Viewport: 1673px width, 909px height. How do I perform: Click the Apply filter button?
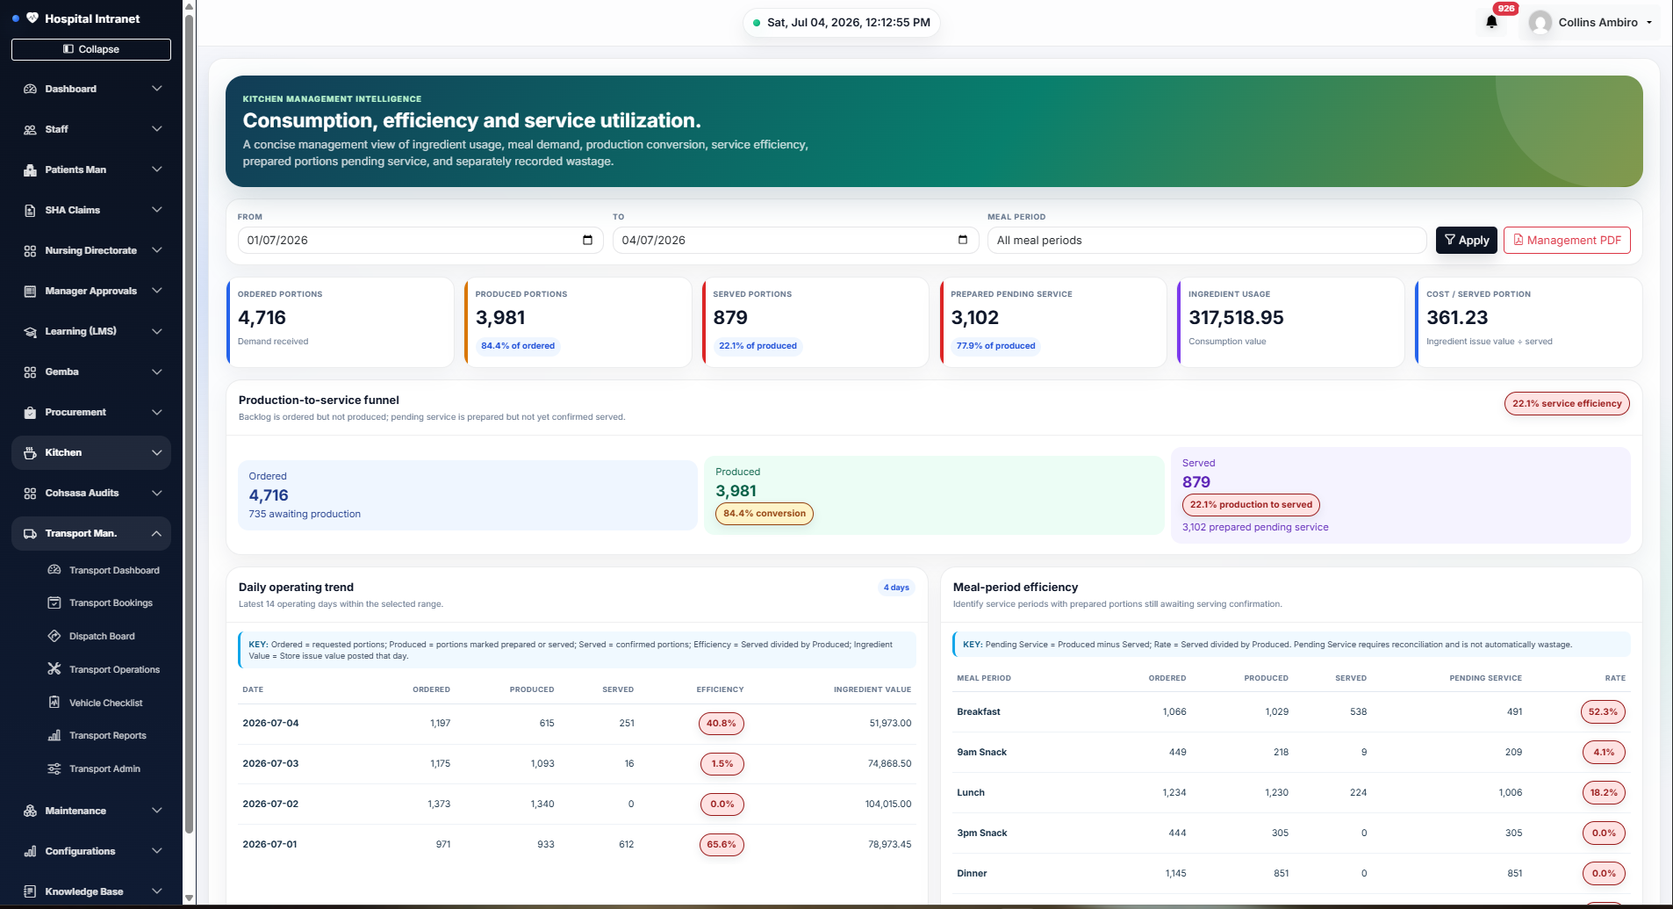pyautogui.click(x=1467, y=240)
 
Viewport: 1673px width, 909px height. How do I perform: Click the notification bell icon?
pyautogui.click(x=1491, y=22)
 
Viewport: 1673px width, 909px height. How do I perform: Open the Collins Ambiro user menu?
pyautogui.click(x=1590, y=22)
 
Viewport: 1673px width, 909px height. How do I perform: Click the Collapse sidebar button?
pyautogui.click(x=91, y=49)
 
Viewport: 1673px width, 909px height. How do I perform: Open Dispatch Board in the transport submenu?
pyautogui.click(x=102, y=636)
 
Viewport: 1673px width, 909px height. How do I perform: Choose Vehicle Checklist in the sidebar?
pyautogui.click(x=105, y=703)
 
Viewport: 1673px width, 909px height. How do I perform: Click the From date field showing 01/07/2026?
pyautogui.click(x=420, y=240)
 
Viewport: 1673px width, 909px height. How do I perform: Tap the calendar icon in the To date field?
pyautogui.click(x=963, y=240)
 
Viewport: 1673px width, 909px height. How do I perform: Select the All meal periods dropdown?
pyautogui.click(x=1207, y=240)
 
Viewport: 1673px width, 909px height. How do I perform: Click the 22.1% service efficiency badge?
pyautogui.click(x=1567, y=403)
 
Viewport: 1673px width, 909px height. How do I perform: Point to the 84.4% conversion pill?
pyautogui.click(x=765, y=514)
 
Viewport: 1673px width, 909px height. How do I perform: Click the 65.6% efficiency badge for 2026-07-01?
pyautogui.click(x=722, y=844)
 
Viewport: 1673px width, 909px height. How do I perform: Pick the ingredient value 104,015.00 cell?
pyautogui.click(x=888, y=804)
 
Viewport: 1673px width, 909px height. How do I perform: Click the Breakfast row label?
pyautogui.click(x=979, y=711)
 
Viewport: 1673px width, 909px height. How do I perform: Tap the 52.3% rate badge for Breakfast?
pyautogui.click(x=1603, y=711)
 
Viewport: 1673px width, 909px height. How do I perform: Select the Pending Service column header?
pyautogui.click(x=1485, y=678)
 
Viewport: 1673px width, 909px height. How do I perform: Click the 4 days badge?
pyautogui.click(x=896, y=588)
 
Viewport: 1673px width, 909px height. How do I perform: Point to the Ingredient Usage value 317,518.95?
pyautogui.click(x=1236, y=318)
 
